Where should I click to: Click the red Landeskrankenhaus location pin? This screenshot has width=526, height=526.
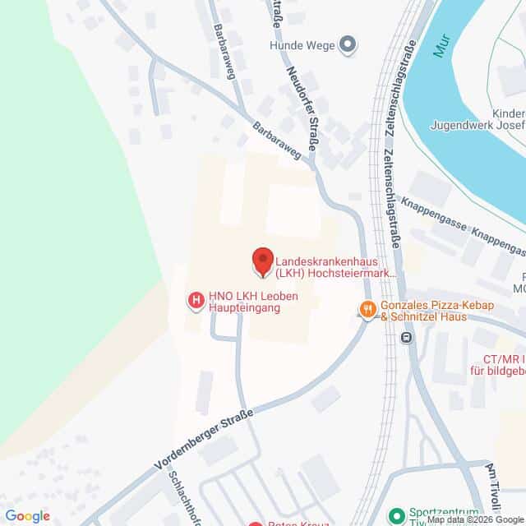click(261, 261)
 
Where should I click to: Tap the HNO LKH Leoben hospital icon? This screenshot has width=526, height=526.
click(196, 302)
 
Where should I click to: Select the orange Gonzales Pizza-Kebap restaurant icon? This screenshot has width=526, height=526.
click(367, 309)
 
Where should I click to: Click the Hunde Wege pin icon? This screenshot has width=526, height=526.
click(348, 45)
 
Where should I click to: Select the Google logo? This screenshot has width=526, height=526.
click(26, 515)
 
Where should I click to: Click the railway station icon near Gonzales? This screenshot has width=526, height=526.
click(406, 337)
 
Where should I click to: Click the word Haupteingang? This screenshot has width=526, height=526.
click(243, 308)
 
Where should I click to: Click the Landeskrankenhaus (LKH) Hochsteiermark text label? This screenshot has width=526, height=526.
click(335, 262)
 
